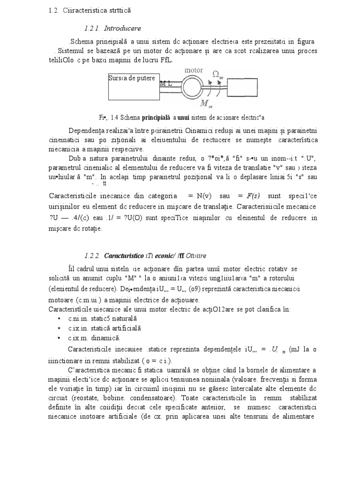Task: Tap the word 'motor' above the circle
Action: (x=194, y=70)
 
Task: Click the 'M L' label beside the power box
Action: (x=166, y=83)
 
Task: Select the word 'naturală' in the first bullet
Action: (x=120, y=318)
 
